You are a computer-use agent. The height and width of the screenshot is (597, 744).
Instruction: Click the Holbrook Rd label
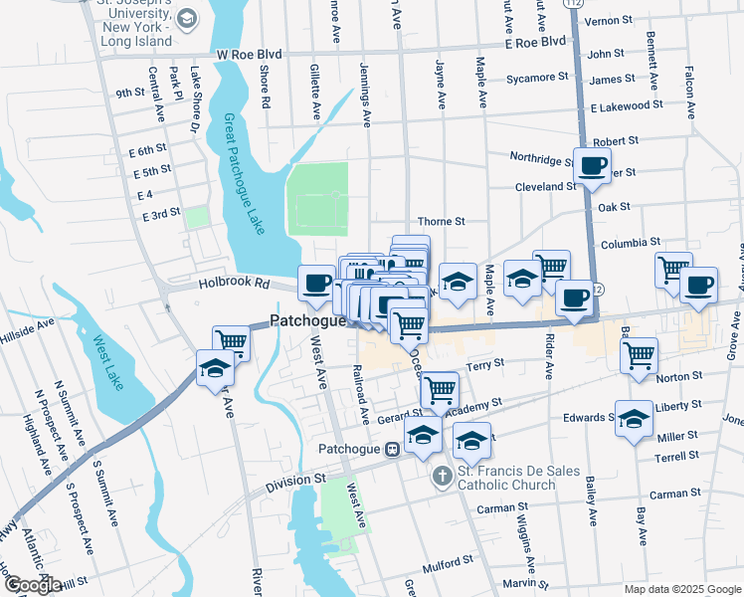point(234,284)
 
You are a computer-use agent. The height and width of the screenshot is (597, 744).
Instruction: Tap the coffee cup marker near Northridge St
point(592,166)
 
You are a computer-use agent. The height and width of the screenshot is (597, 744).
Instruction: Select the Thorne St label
point(442,221)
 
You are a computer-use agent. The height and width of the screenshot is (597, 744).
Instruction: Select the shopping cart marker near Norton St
point(639,354)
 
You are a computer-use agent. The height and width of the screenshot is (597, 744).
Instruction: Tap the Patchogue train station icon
point(393,449)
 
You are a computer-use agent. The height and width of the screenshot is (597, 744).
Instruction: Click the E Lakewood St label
point(626,104)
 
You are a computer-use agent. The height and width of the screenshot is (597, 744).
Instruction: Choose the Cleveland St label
point(545,186)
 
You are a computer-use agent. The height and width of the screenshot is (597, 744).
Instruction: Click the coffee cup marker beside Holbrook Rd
point(317,284)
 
